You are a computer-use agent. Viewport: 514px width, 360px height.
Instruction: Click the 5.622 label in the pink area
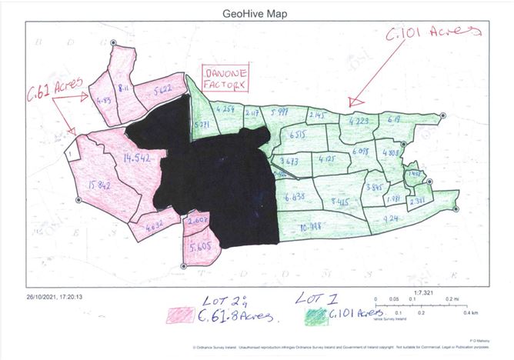pyautogui.click(x=161, y=89)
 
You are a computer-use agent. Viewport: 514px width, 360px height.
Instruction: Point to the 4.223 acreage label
pyautogui.click(x=359, y=120)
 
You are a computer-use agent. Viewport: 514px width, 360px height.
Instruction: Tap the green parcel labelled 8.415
pyautogui.click(x=339, y=202)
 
